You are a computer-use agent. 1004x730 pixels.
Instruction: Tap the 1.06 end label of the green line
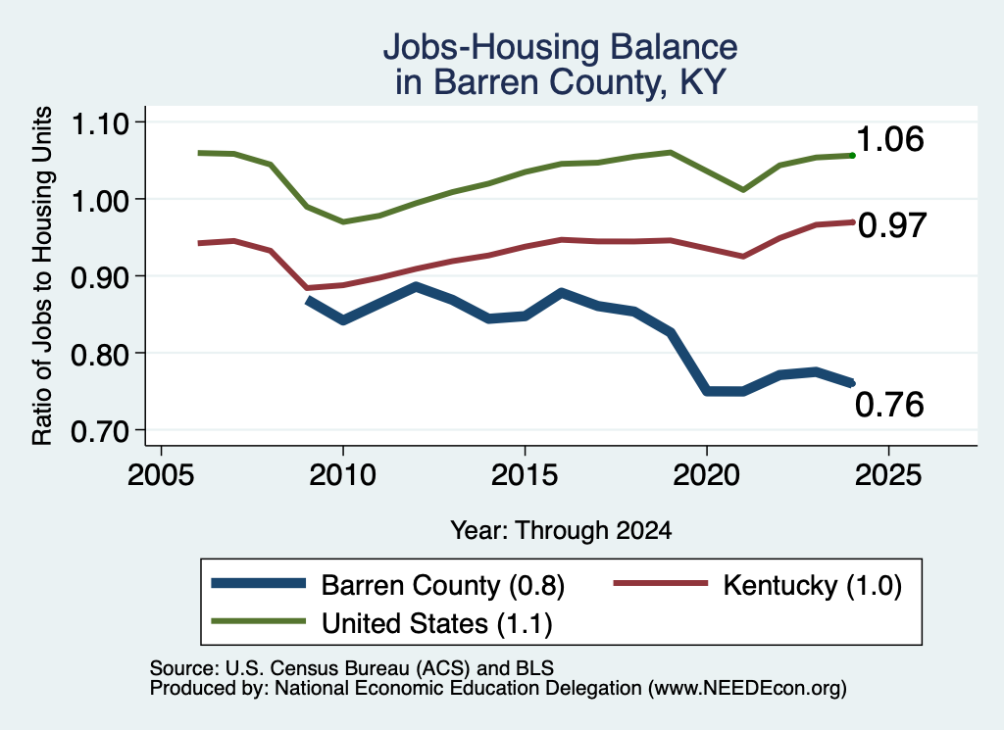[x=889, y=139]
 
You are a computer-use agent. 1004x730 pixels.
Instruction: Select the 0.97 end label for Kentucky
[x=892, y=225]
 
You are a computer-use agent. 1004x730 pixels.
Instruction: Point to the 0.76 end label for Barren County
[x=889, y=405]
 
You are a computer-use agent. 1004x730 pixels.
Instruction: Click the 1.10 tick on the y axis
[x=100, y=123]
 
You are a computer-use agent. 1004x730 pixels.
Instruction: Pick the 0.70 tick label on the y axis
[x=100, y=431]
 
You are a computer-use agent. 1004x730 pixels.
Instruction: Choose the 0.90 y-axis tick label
[x=100, y=277]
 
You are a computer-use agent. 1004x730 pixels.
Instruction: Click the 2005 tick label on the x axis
[x=162, y=475]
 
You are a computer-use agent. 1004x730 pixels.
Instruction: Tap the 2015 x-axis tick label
[x=525, y=475]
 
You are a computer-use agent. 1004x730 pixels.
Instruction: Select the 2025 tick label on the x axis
[x=888, y=475]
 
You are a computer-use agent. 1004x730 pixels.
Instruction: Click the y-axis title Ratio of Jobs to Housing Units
[x=42, y=275]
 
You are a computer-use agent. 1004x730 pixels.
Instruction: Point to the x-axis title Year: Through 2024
[x=561, y=530]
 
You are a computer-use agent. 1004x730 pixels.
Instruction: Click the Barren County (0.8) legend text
[x=442, y=585]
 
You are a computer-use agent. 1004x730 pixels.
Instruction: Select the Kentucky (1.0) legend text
[x=813, y=585]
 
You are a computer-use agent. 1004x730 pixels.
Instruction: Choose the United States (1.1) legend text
[x=436, y=623]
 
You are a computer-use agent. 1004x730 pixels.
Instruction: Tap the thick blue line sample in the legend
[x=259, y=583]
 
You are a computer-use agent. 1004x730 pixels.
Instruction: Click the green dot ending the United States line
[x=852, y=156]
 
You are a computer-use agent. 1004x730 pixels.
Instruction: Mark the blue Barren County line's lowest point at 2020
[x=707, y=391]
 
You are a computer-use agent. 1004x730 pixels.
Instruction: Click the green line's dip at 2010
[x=343, y=222]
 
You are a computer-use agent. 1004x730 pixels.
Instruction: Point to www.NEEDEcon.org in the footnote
[x=747, y=689]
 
